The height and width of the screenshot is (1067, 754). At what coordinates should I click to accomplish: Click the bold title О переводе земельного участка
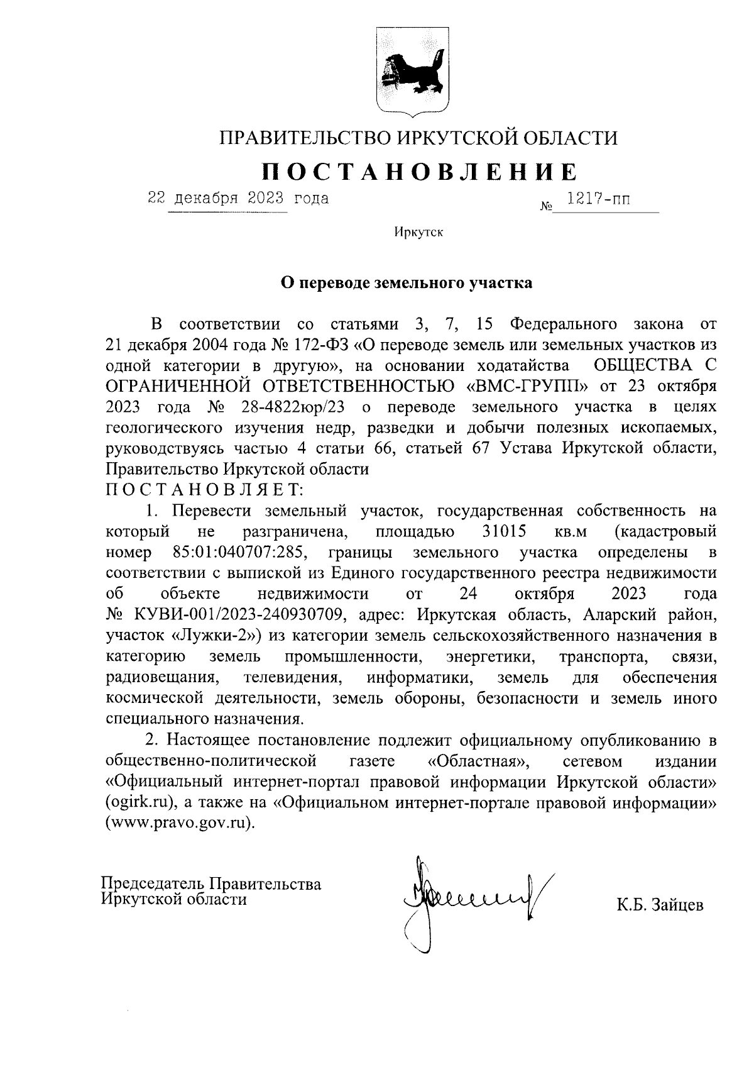(x=406, y=283)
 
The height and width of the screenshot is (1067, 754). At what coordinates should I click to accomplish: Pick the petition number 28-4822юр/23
(x=293, y=407)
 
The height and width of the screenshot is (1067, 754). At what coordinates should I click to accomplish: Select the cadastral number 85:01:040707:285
(x=239, y=553)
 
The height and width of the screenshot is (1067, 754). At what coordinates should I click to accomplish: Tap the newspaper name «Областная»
(x=478, y=761)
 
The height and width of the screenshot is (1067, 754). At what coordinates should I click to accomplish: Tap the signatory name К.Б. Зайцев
(x=660, y=906)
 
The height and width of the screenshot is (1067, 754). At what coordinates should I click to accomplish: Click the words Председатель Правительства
(x=212, y=883)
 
